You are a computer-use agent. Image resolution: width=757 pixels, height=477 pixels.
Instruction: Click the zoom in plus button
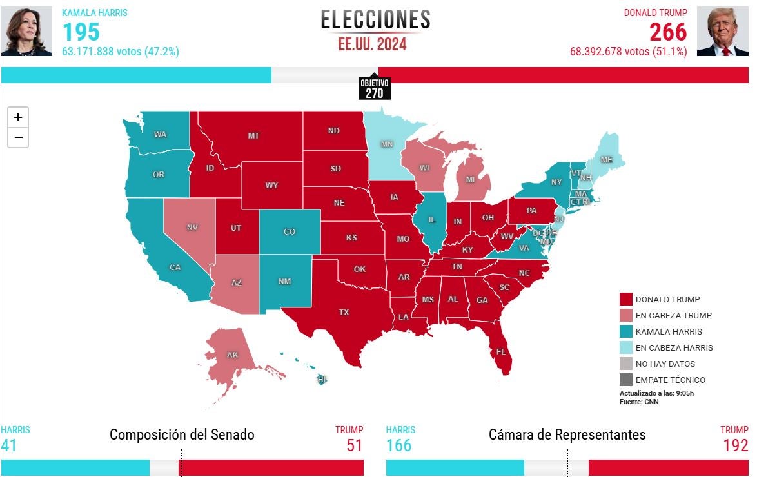click(18, 117)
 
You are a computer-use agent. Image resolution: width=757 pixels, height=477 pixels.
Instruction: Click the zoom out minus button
click(18, 137)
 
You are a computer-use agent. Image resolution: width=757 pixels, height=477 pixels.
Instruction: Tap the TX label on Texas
click(344, 312)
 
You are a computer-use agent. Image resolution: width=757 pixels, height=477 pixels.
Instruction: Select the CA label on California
click(175, 267)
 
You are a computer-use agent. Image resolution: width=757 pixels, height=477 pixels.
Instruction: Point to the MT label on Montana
click(254, 136)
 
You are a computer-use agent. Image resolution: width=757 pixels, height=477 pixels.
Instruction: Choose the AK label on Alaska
click(233, 355)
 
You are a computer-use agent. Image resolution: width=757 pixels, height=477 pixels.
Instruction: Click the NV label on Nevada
click(192, 228)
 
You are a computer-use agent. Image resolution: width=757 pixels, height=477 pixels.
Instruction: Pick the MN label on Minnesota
click(387, 144)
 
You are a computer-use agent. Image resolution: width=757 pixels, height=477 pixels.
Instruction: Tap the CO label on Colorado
click(290, 231)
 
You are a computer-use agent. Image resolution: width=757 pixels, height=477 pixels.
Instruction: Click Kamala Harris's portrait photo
click(26, 32)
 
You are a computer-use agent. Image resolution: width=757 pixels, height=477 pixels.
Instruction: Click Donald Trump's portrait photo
click(722, 32)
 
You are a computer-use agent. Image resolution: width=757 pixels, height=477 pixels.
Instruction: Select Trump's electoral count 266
click(668, 32)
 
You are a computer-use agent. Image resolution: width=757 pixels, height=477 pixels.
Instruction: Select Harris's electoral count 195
click(81, 32)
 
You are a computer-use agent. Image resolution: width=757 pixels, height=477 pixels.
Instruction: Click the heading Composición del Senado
click(182, 434)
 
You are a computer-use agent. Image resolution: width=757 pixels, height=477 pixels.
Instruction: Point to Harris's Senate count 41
click(9, 445)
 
